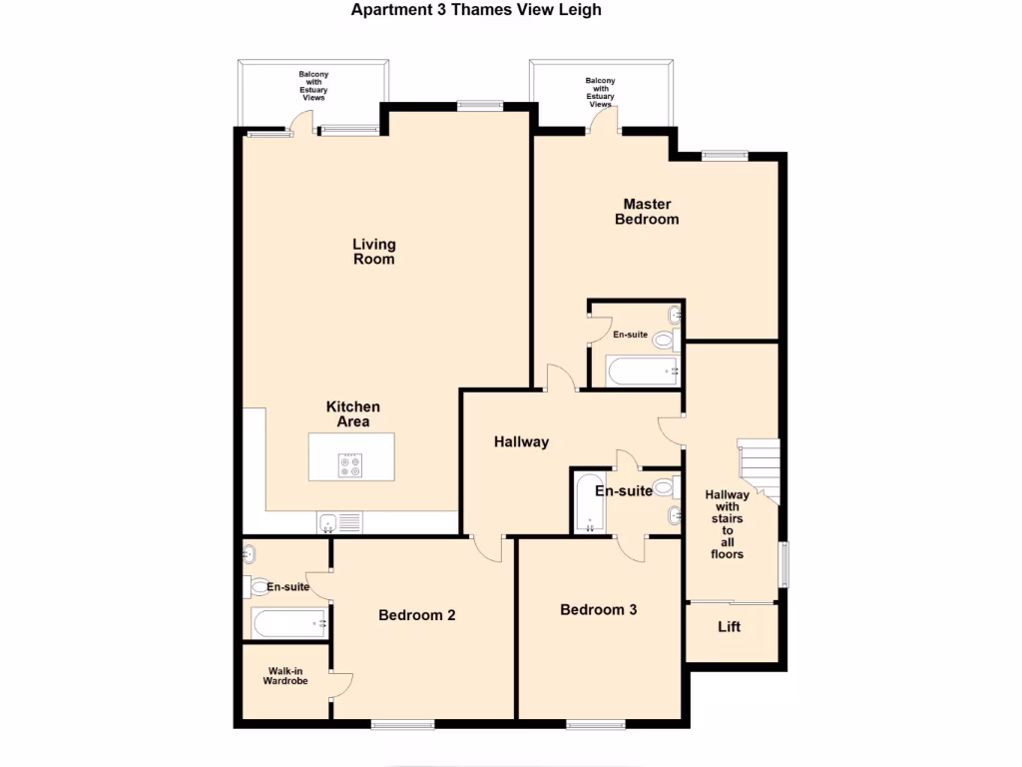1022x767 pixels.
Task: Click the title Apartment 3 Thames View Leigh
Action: click(476, 10)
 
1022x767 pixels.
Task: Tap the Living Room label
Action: click(374, 252)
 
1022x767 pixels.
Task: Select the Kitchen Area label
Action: click(352, 414)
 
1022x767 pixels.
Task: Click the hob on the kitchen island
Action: click(350, 465)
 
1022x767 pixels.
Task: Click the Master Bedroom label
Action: click(647, 212)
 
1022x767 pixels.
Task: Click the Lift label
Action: click(730, 628)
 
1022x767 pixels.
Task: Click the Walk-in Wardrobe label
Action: click(284, 676)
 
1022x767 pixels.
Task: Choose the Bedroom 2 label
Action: click(417, 615)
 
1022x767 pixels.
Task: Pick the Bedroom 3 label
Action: click(598, 609)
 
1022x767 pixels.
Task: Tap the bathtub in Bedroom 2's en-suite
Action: click(289, 624)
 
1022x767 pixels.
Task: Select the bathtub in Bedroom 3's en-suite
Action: click(586, 503)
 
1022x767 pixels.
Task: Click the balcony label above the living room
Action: click(313, 86)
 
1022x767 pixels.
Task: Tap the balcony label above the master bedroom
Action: click(600, 92)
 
